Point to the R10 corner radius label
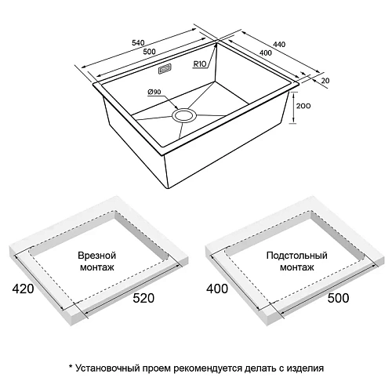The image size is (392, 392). tap(200, 67)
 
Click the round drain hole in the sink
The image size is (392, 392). tap(186, 116)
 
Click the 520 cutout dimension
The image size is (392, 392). tap(143, 298)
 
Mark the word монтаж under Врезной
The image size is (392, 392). tap(96, 269)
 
